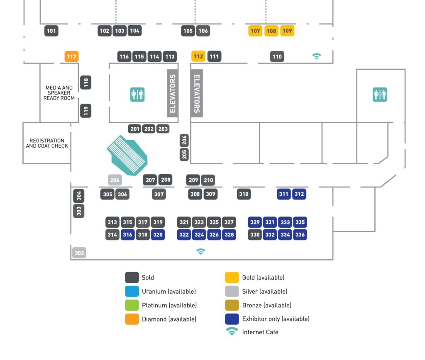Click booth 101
(x=51, y=31)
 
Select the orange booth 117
(x=71, y=56)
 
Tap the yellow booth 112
(x=198, y=56)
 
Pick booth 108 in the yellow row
(x=271, y=31)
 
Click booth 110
(x=277, y=57)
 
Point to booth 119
(x=86, y=111)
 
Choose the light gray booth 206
(x=115, y=180)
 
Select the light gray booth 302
(x=79, y=253)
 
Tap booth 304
(x=79, y=195)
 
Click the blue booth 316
(x=127, y=235)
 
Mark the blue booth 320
(x=158, y=235)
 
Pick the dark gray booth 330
(x=255, y=235)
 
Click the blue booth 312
(x=299, y=194)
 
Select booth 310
(x=244, y=194)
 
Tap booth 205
(x=185, y=154)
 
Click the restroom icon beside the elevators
(x=138, y=94)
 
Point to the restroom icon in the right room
(x=380, y=95)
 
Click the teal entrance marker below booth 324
(x=201, y=251)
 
